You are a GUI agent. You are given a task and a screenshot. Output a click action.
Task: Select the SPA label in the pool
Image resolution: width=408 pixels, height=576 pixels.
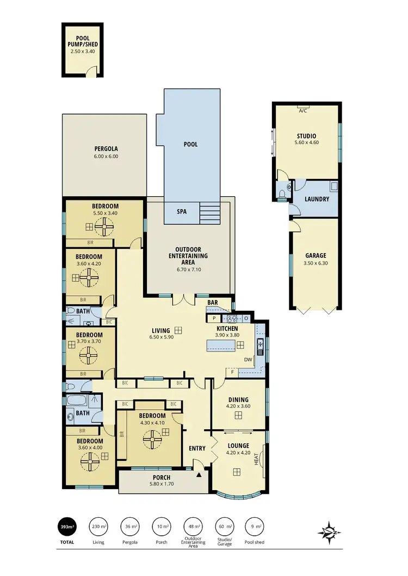[182, 211]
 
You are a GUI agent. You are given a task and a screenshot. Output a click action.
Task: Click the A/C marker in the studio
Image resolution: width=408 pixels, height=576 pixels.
[302, 110]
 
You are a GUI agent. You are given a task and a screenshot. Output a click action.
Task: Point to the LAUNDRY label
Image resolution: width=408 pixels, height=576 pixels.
[317, 199]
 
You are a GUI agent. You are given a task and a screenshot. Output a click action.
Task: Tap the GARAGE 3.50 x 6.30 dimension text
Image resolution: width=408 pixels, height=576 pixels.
[316, 263]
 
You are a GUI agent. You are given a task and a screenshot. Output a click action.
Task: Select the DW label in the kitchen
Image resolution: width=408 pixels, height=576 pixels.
[248, 359]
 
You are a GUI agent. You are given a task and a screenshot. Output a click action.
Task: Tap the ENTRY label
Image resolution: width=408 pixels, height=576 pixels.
[197, 448]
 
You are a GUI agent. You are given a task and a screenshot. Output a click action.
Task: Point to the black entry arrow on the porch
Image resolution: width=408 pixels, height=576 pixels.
[199, 474]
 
